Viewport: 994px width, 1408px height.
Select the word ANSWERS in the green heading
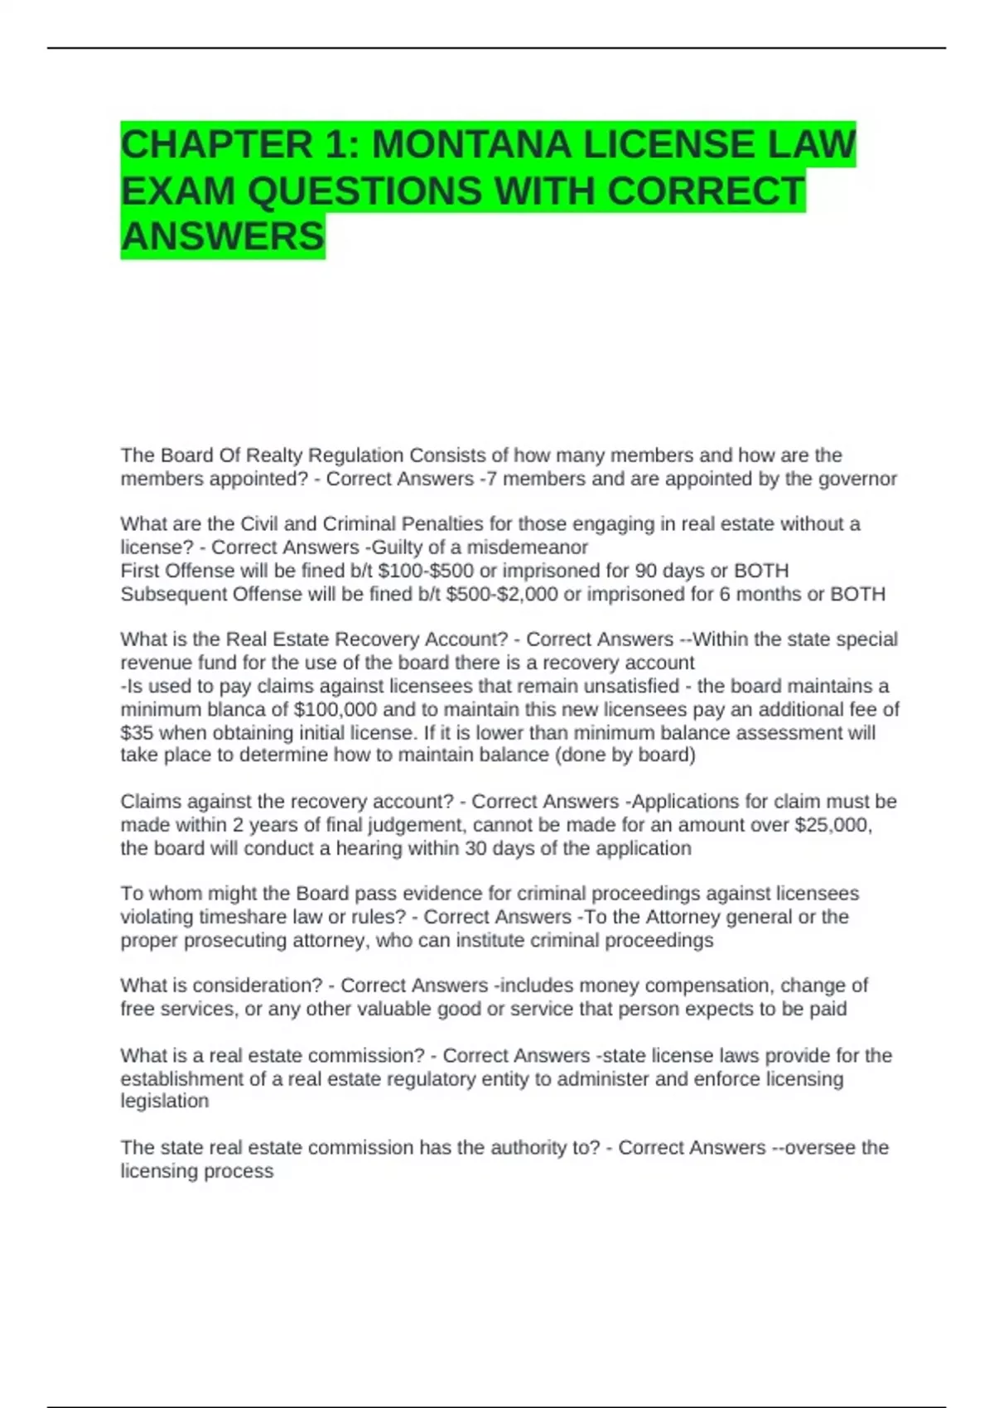(x=223, y=237)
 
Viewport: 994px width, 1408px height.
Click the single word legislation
(x=164, y=1102)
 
